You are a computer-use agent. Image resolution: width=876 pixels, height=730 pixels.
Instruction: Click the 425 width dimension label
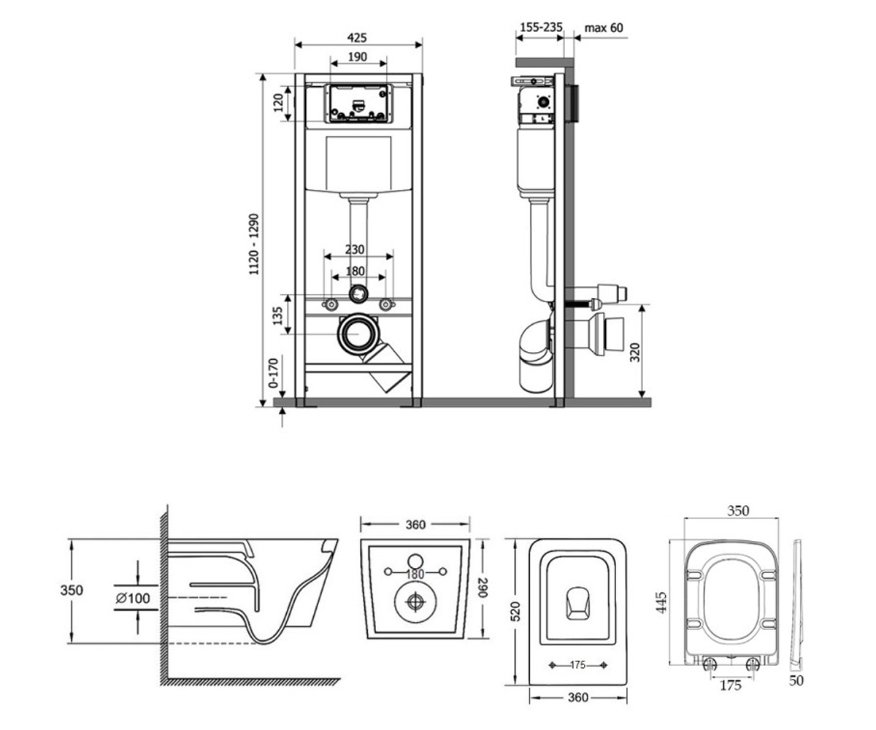click(x=357, y=38)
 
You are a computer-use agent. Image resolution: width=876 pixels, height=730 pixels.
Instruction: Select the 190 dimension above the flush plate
click(x=358, y=57)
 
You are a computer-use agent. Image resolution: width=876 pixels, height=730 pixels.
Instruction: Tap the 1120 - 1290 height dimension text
click(x=254, y=244)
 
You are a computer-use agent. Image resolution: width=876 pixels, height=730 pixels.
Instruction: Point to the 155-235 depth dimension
click(x=541, y=27)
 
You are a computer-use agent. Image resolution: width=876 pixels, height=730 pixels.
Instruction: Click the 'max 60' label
click(x=604, y=28)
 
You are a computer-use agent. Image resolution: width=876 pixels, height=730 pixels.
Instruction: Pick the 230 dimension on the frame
click(x=355, y=250)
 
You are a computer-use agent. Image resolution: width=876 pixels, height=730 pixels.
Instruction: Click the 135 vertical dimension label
click(x=277, y=315)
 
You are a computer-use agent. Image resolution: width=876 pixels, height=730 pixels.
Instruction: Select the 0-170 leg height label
click(x=274, y=373)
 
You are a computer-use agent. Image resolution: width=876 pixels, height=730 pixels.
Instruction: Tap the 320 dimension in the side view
click(x=635, y=353)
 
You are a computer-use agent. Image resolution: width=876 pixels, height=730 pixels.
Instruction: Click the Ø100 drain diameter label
click(x=133, y=598)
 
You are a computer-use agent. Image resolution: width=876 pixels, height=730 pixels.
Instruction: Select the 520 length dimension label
click(x=516, y=611)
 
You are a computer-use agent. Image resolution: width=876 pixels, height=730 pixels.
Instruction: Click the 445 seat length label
click(x=661, y=602)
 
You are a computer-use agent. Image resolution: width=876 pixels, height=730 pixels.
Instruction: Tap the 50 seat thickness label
click(x=796, y=680)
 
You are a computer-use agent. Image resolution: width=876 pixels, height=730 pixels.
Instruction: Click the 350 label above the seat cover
click(x=738, y=510)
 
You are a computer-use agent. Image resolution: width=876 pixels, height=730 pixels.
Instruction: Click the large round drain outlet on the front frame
click(x=358, y=334)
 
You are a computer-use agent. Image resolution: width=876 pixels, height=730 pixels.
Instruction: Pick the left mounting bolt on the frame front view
click(x=331, y=304)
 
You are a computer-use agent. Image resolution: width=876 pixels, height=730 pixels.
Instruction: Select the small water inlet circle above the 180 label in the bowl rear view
click(x=415, y=561)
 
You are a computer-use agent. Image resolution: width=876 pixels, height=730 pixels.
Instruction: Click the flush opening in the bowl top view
click(x=578, y=603)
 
